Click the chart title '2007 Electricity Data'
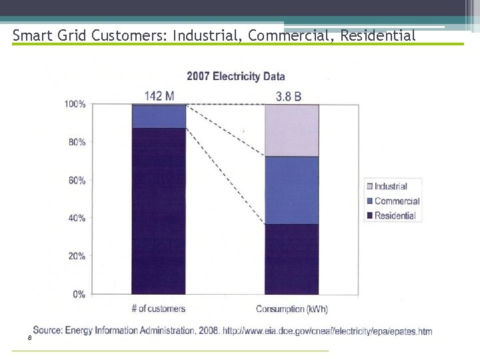point(235,76)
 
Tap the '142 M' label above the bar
point(159,96)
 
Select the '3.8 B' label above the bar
point(289,96)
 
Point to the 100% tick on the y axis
point(75,104)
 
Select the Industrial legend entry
point(390,187)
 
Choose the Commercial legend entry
point(396,201)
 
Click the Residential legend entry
point(395,216)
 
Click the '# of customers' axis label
point(159,309)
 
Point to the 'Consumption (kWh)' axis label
point(292,309)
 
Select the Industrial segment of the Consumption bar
point(291,130)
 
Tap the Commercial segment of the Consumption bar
point(291,190)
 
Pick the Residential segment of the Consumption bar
point(291,259)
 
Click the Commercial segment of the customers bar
point(159,116)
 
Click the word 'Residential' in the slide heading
point(378,35)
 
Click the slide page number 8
point(29,339)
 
